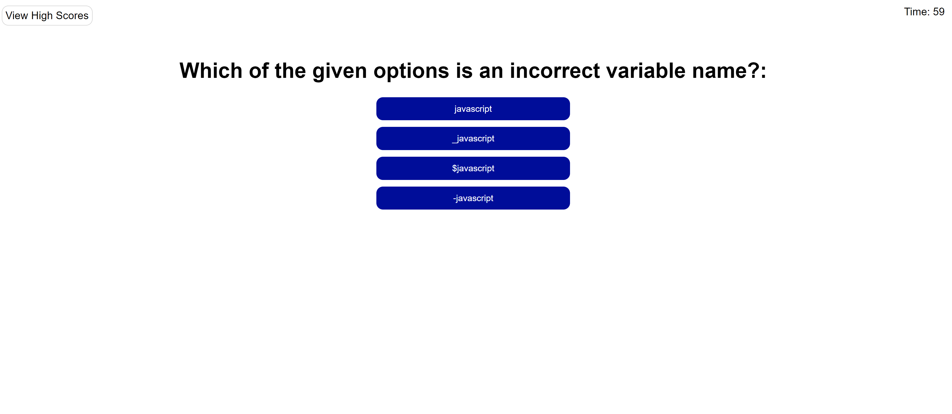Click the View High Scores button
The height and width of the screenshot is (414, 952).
47,16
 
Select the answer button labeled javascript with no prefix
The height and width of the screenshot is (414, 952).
473,109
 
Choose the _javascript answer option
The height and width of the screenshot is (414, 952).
473,139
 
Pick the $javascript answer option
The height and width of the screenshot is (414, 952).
473,168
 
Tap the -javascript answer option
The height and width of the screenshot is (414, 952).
473,198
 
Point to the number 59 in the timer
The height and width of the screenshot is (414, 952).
939,12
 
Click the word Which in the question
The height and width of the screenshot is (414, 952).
211,71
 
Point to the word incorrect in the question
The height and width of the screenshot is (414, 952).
555,71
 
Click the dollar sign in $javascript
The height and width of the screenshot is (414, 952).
454,168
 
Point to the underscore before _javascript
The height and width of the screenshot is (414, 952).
454,142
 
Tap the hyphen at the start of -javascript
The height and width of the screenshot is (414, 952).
454,199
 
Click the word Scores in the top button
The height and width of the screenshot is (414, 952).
72,16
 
